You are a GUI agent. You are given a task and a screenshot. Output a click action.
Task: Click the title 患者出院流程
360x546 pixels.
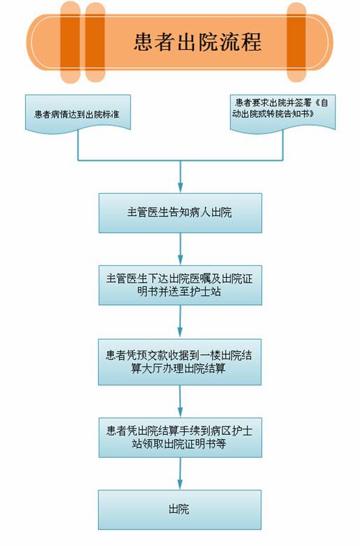click(197, 42)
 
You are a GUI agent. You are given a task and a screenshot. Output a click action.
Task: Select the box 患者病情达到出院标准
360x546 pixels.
click(78, 113)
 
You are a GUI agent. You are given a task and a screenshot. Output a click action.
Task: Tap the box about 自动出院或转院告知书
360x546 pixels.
click(283, 113)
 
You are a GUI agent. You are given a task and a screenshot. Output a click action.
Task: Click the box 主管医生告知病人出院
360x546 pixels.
click(180, 213)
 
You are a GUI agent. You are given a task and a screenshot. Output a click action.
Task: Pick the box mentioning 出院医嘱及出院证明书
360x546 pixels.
click(180, 286)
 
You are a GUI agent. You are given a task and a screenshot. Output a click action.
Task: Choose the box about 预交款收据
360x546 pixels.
click(180, 362)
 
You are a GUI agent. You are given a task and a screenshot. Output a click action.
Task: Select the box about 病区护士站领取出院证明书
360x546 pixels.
click(180, 438)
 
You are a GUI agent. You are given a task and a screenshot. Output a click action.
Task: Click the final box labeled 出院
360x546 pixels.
click(180, 510)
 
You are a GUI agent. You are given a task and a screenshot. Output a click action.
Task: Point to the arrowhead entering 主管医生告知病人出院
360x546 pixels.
click(180, 188)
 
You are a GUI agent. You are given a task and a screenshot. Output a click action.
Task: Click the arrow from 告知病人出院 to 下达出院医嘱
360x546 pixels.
click(180, 249)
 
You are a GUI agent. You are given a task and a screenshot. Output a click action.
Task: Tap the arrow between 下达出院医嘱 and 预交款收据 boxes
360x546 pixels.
click(180, 322)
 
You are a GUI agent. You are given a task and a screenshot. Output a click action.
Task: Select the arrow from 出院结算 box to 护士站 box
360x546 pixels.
click(180, 402)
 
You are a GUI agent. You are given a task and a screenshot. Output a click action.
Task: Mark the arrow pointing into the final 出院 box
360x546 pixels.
click(180, 474)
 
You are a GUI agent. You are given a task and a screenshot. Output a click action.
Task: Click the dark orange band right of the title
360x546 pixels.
click(296, 42)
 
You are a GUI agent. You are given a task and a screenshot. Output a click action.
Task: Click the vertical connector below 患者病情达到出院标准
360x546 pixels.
click(78, 147)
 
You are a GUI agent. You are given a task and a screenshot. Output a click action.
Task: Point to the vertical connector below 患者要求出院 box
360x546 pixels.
click(283, 147)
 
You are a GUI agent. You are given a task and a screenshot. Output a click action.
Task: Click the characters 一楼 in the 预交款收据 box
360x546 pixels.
click(210, 356)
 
